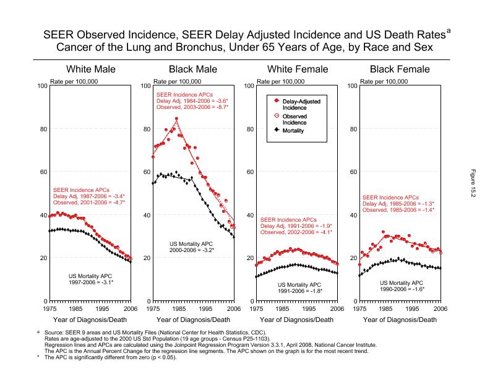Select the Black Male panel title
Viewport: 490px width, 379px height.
pos(193,69)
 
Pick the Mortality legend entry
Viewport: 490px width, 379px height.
pos(296,131)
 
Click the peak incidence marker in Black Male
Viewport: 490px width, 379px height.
pos(177,118)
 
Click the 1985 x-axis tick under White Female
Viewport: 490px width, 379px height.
pos(283,308)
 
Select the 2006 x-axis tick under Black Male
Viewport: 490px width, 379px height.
pos(234,308)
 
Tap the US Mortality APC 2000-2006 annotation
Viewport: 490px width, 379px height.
pos(192,247)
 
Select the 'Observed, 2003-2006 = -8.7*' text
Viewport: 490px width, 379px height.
pos(192,107)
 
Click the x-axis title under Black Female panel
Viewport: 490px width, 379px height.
pos(400,320)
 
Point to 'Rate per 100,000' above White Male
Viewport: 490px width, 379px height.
pos(74,81)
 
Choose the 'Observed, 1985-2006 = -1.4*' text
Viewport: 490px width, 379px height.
pos(398,210)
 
